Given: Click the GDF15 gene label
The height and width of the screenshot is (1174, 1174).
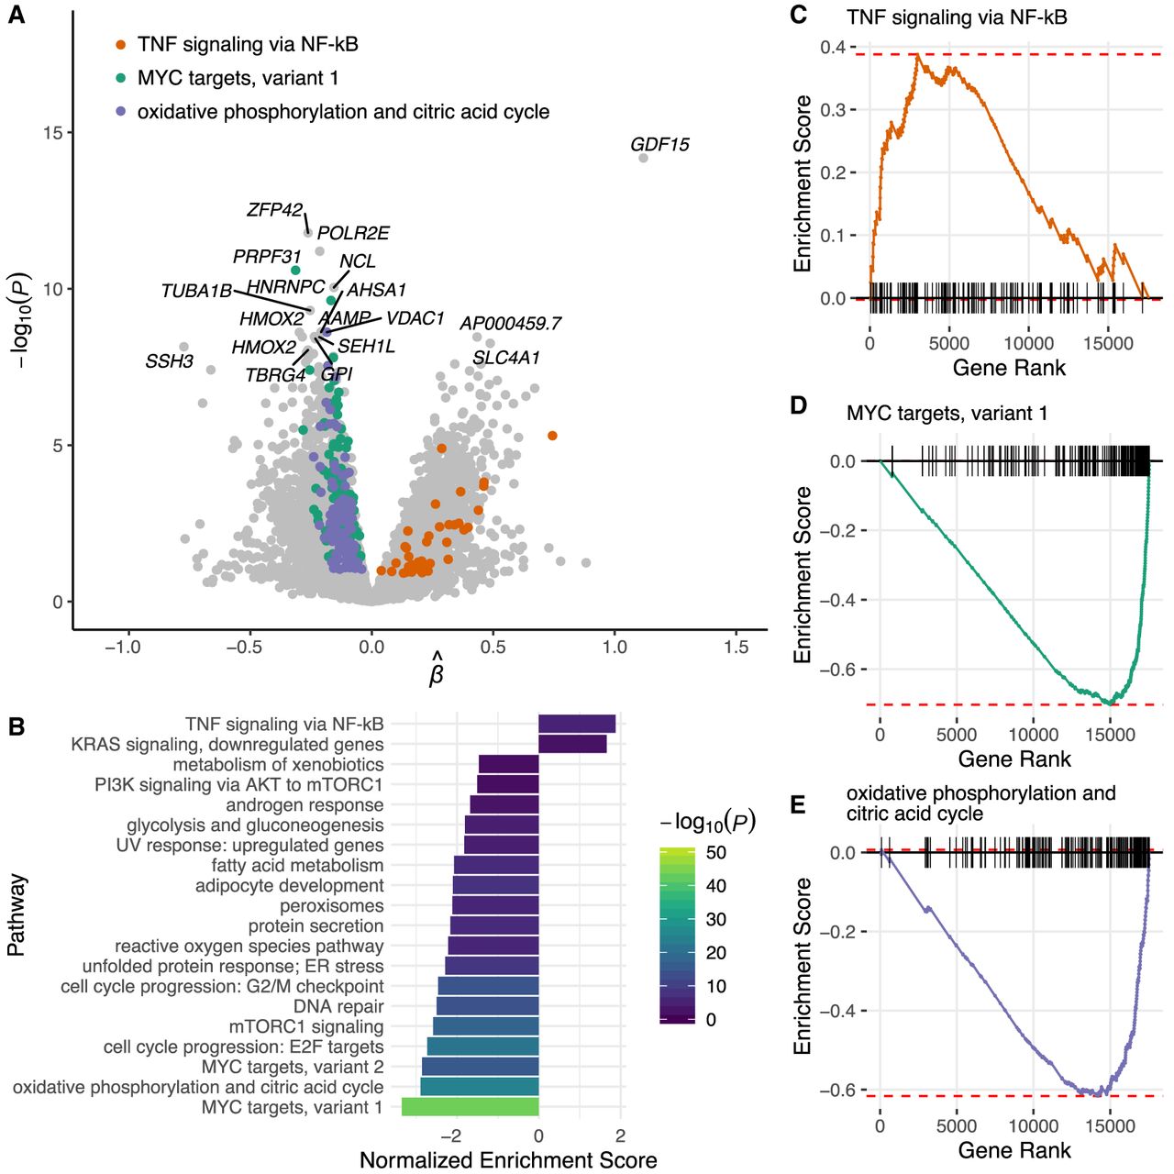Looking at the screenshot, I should click(x=659, y=145).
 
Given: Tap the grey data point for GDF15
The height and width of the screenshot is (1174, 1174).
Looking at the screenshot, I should click(x=643, y=158).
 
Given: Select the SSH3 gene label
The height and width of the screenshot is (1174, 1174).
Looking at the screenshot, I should click(x=169, y=361).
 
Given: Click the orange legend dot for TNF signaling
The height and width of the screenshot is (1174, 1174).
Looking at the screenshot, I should click(x=120, y=44).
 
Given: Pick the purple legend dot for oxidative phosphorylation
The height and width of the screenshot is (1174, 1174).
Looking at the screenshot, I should click(x=120, y=112).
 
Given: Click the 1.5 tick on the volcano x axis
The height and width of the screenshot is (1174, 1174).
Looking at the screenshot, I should click(x=736, y=648).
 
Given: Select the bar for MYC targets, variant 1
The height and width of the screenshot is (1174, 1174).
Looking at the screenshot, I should click(x=470, y=1107).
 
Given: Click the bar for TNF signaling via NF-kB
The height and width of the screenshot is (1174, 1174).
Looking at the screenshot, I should click(x=576, y=724).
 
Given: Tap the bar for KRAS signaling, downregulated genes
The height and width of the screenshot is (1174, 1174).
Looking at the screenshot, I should click(x=571, y=744).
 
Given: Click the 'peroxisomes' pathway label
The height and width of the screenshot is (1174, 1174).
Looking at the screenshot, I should click(x=331, y=905).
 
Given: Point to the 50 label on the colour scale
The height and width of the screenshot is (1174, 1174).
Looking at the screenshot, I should click(x=716, y=852).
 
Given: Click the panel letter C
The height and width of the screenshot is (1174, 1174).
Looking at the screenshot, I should click(x=798, y=15).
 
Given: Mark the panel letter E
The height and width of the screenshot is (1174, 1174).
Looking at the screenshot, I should click(x=798, y=805).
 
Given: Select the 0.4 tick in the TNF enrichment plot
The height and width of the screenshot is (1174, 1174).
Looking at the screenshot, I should click(x=833, y=47).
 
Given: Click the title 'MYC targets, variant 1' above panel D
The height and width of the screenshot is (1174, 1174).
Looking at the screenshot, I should click(x=947, y=414).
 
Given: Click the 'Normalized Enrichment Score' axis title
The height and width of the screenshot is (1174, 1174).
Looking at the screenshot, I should click(x=508, y=1160).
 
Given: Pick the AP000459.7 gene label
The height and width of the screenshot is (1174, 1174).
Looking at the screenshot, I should click(x=510, y=324).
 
